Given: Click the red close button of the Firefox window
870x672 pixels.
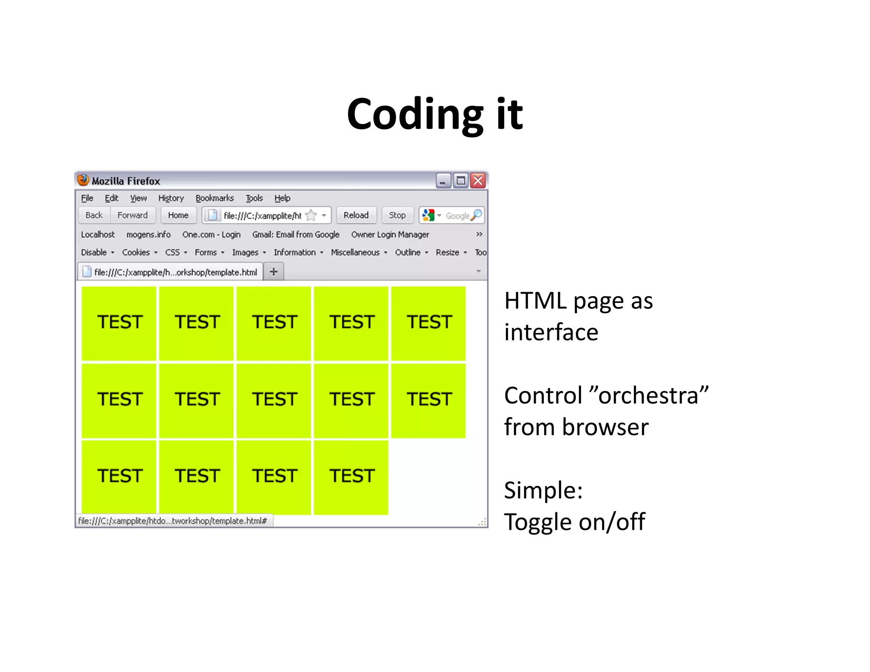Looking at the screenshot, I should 478,181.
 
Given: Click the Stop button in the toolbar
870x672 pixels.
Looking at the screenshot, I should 397,215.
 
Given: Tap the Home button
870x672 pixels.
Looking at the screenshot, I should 178,215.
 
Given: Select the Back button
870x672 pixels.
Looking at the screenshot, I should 94,215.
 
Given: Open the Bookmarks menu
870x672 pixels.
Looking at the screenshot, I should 215,198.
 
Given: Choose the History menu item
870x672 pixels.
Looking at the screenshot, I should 171,198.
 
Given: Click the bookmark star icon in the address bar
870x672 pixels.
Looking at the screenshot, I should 311,215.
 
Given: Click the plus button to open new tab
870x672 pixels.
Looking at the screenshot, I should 274,271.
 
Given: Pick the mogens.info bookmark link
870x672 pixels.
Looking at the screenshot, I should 148,234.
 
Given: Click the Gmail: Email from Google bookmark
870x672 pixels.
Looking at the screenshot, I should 296,234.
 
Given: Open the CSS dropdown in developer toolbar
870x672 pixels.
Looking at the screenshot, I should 175,252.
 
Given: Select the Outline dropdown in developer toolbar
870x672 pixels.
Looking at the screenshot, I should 411,252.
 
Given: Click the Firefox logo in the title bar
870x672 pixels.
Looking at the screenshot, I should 83,180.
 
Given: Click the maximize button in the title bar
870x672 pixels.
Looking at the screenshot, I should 460,181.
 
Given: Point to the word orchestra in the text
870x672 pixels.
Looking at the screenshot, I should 649,396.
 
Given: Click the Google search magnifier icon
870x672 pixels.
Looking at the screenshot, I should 477,215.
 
